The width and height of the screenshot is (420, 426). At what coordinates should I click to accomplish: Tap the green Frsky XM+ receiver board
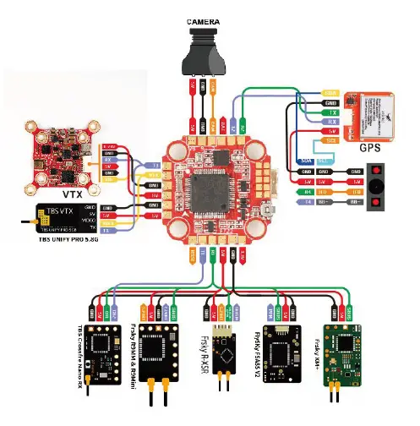(342, 349)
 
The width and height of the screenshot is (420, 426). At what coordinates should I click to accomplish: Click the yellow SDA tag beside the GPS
(307, 160)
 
